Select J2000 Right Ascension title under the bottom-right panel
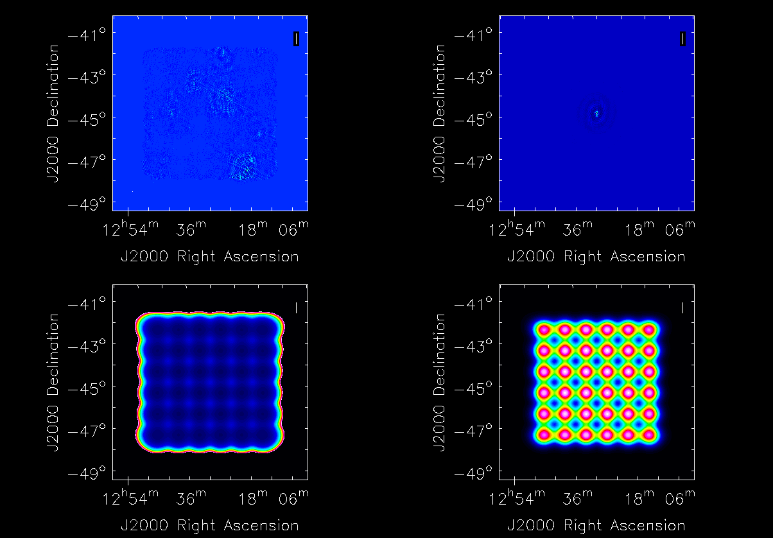point(596,525)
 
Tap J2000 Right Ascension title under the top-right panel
point(596,256)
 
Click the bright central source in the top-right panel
point(596,114)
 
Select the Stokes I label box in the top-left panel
point(296,39)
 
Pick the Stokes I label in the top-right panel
point(682,39)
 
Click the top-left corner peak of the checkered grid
point(544,329)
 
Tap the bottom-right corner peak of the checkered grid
point(649,435)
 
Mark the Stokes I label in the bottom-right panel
point(682,308)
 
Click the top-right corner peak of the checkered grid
point(649,329)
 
